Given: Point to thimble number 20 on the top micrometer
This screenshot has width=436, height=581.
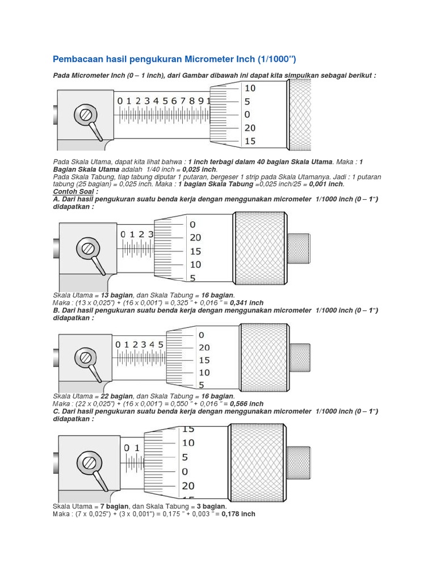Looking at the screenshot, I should click(x=250, y=128).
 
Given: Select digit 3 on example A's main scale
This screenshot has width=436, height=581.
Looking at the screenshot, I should click(x=150, y=234).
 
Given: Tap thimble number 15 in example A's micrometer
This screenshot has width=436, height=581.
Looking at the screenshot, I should click(x=195, y=251).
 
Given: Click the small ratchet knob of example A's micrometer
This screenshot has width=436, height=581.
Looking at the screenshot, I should click(x=299, y=248).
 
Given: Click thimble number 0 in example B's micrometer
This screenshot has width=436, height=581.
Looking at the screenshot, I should click(x=202, y=335).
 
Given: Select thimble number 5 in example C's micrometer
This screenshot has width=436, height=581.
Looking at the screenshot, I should click(x=185, y=457).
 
